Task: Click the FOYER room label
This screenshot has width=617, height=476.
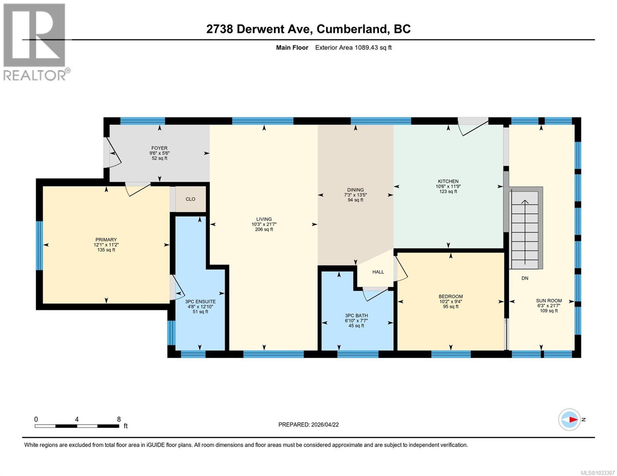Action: tap(159, 148)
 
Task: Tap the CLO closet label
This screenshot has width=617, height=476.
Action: tap(190, 199)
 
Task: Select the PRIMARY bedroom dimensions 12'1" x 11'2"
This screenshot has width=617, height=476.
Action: tap(106, 245)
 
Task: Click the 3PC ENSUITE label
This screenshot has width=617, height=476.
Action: tap(200, 301)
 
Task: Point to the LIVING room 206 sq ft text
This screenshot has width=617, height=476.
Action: tap(264, 229)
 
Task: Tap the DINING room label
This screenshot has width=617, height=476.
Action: tap(355, 190)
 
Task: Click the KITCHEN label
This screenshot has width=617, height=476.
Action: tap(448, 181)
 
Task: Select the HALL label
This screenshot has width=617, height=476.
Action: tap(378, 272)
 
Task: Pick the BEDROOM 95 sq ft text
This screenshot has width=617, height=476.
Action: tap(451, 306)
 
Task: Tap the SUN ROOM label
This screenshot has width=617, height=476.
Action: tap(549, 301)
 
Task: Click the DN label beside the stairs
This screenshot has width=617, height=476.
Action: tap(525, 278)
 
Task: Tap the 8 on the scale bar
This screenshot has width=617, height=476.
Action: tap(119, 419)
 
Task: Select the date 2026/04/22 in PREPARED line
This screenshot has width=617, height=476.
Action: tap(325, 424)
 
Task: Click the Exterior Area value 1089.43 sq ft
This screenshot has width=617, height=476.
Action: tap(353, 48)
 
